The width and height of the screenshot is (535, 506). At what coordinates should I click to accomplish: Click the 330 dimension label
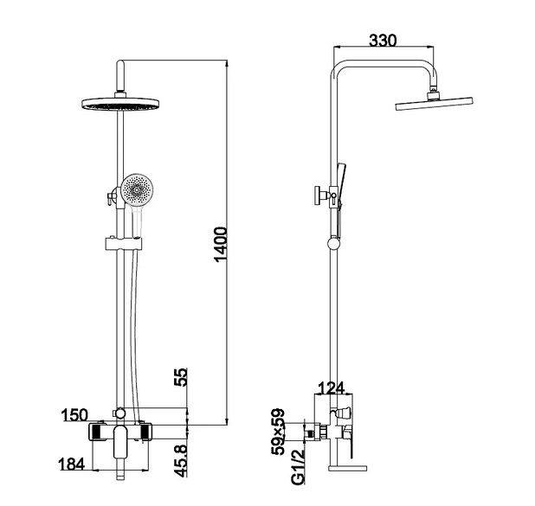(x=384, y=41)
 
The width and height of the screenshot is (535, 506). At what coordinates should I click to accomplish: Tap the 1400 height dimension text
(x=221, y=244)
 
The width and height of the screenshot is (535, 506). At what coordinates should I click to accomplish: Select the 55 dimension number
(x=181, y=377)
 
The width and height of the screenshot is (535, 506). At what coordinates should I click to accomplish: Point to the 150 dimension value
(x=74, y=415)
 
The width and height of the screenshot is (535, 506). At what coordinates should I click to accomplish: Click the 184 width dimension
(x=72, y=464)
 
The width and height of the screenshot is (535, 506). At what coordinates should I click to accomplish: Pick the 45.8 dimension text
(x=181, y=461)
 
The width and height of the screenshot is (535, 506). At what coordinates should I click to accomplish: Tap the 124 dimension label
(x=332, y=388)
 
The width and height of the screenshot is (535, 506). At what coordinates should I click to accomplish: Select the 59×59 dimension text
(x=278, y=432)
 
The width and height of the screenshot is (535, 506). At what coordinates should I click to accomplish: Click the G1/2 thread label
(x=298, y=467)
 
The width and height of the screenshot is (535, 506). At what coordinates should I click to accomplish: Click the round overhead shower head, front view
(x=120, y=104)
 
